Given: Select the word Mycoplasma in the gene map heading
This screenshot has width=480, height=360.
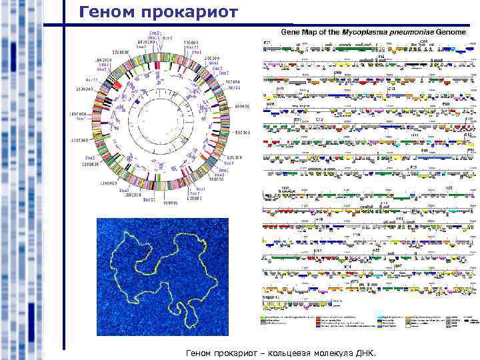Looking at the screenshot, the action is [363, 32].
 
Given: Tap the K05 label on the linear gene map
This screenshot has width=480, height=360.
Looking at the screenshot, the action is [271, 105].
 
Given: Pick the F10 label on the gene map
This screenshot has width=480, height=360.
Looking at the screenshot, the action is [357, 235].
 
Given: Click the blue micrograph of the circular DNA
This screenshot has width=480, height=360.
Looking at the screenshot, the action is [162, 276].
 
